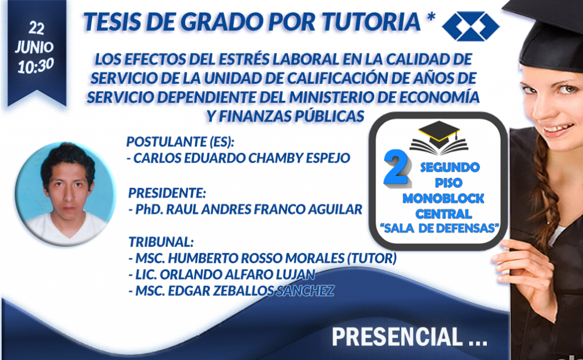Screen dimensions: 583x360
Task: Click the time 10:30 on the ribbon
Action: [x=35, y=66]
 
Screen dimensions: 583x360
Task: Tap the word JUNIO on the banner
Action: [x=34, y=47]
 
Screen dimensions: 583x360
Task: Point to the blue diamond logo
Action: [x=471, y=26]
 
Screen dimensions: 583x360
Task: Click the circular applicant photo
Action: [x=65, y=194]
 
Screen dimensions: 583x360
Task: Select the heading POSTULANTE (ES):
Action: [x=180, y=142]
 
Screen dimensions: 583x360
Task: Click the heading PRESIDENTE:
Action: [x=167, y=193]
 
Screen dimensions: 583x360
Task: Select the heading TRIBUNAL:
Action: [x=161, y=242]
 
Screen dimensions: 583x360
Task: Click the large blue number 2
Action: [x=397, y=167]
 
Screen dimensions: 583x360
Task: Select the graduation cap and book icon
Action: [x=439, y=138]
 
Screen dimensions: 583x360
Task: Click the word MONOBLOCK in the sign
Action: [x=443, y=199]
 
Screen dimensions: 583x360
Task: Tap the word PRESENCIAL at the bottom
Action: [x=397, y=337]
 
